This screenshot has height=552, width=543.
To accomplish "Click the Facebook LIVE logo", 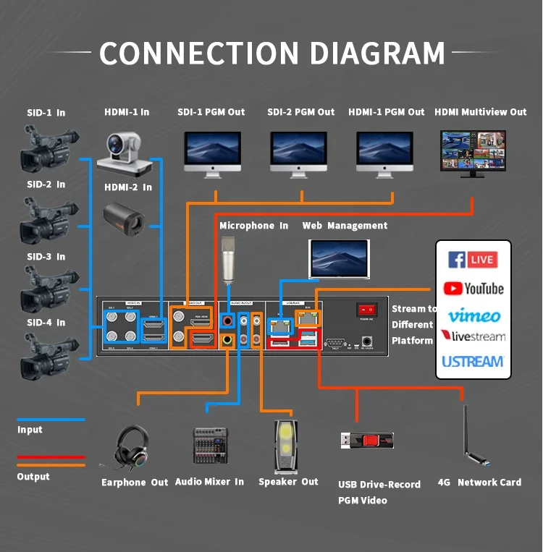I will (471, 260).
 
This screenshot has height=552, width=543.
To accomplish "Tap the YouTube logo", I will (473, 289).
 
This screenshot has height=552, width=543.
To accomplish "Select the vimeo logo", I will (473, 315).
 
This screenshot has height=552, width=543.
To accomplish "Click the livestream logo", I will (473, 336).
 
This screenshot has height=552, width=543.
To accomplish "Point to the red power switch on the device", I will (366, 310).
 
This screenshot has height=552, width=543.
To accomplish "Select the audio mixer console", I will (210, 445).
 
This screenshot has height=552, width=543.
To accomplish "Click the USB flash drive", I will (367, 440).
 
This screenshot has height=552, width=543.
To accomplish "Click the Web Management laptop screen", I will (338, 258).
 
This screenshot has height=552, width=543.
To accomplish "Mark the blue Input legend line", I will (51, 420).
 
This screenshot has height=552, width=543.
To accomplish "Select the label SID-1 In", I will (46, 113).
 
